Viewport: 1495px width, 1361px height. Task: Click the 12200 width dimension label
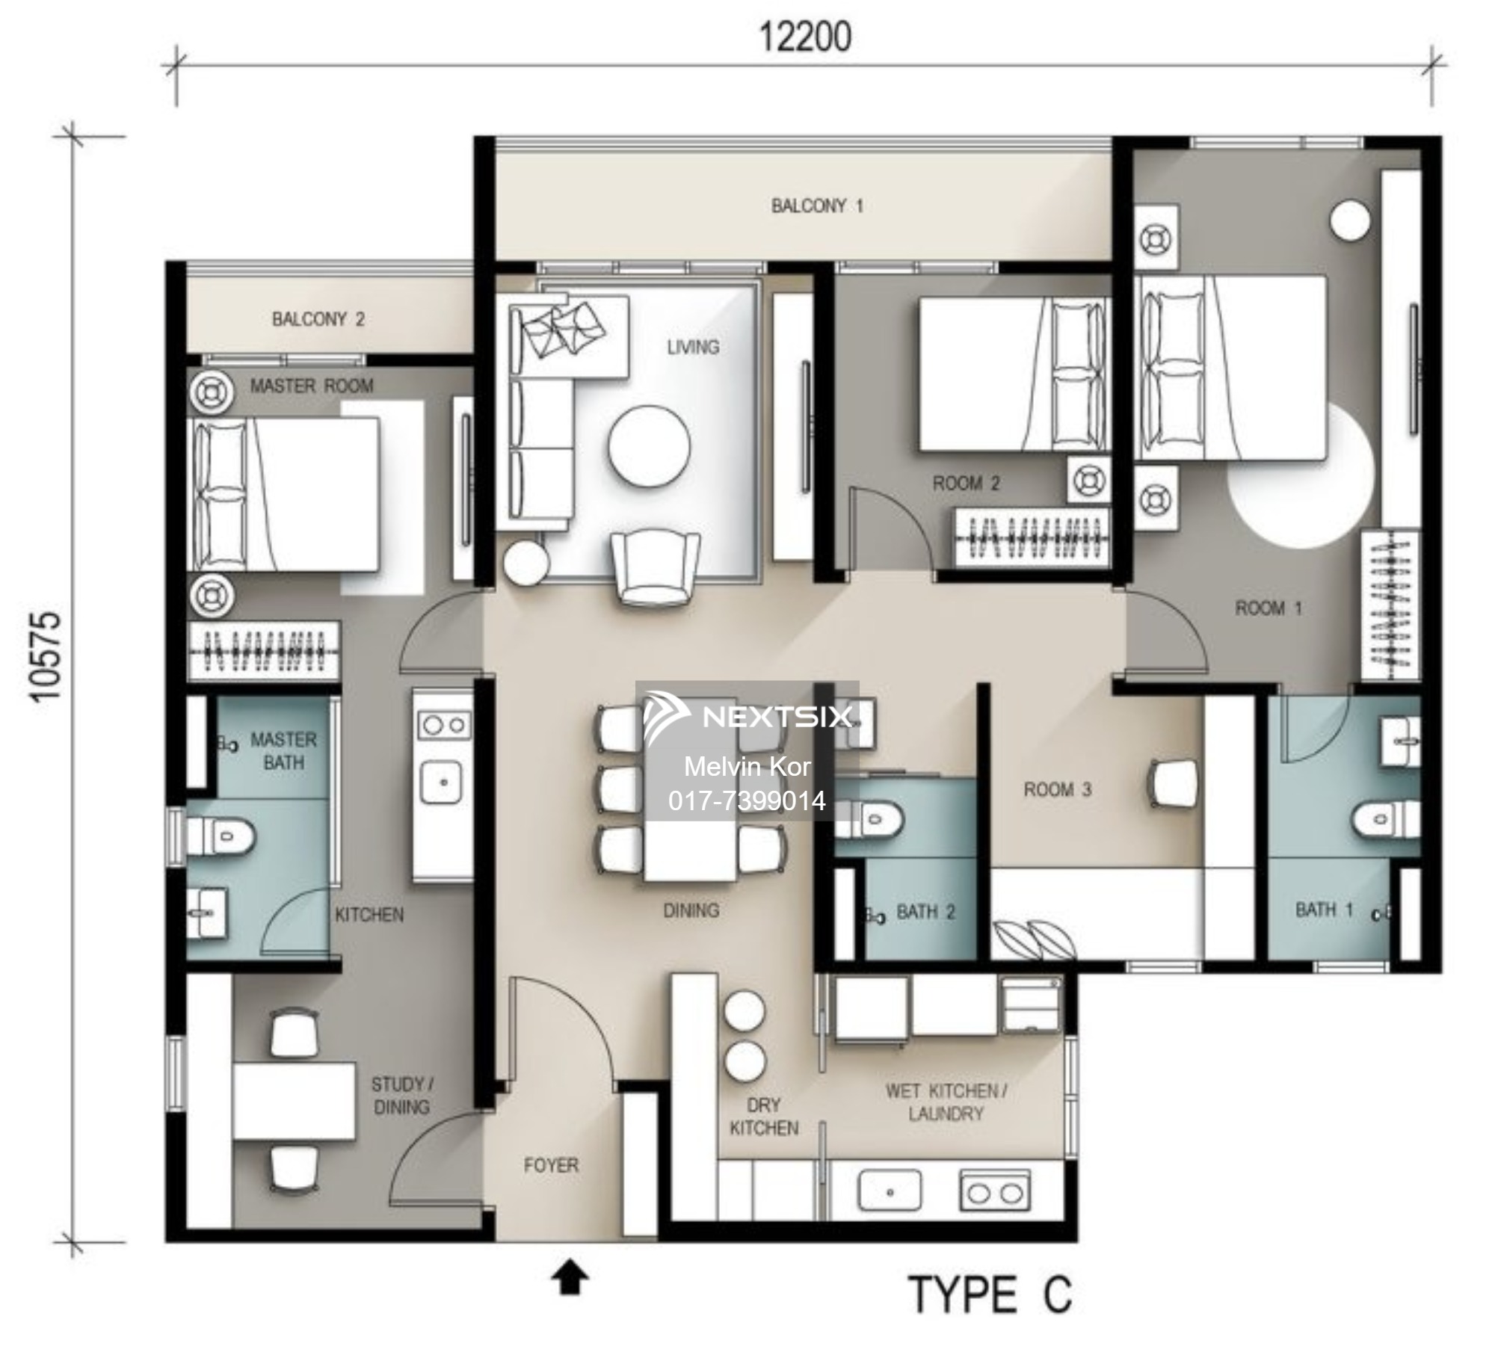click(805, 37)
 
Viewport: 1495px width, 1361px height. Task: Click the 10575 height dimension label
click(45, 656)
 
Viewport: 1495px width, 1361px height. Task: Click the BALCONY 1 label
click(817, 206)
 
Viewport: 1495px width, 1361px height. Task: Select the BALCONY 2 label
click(318, 320)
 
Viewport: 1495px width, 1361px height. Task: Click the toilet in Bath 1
click(1384, 819)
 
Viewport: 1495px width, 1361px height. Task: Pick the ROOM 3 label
click(1057, 789)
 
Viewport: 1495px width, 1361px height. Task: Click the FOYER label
click(551, 1165)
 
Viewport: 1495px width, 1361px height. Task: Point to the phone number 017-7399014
click(747, 801)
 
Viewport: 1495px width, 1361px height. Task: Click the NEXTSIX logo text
click(776, 717)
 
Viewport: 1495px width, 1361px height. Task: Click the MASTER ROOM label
click(311, 386)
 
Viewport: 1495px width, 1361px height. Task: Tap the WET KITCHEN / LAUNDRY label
click(946, 1102)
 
